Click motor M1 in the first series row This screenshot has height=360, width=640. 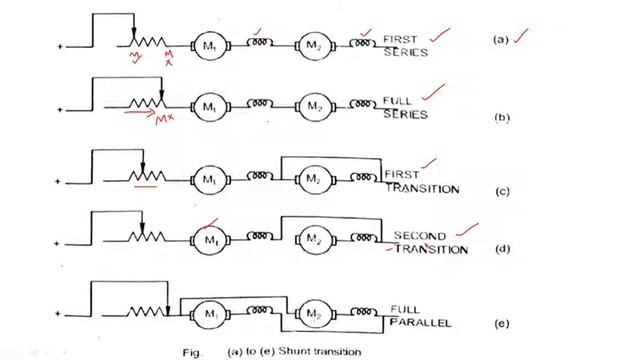[209, 45]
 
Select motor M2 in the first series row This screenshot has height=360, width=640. [314, 45]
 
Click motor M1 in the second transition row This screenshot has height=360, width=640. [210, 241]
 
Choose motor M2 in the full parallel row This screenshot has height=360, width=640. [314, 311]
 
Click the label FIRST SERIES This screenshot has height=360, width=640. [405, 45]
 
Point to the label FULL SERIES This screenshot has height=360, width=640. [405, 107]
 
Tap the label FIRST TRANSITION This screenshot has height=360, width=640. [421, 181]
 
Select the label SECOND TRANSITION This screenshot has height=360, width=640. [428, 243]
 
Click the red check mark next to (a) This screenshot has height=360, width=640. [523, 37]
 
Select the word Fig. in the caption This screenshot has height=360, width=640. [192, 351]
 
